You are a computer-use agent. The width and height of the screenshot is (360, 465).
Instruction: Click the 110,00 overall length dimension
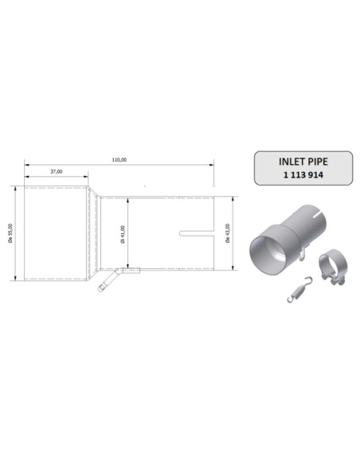[x=119, y=160]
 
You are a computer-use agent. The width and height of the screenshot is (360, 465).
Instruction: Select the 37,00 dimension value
[x=57, y=171]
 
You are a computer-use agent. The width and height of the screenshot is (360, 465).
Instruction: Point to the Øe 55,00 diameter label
[x=9, y=233]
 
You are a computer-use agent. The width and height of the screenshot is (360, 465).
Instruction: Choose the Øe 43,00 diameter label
[x=229, y=233]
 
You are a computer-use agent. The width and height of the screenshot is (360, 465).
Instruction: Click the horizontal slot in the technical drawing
[x=198, y=233]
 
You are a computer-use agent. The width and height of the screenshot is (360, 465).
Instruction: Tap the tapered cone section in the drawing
[x=94, y=233]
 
